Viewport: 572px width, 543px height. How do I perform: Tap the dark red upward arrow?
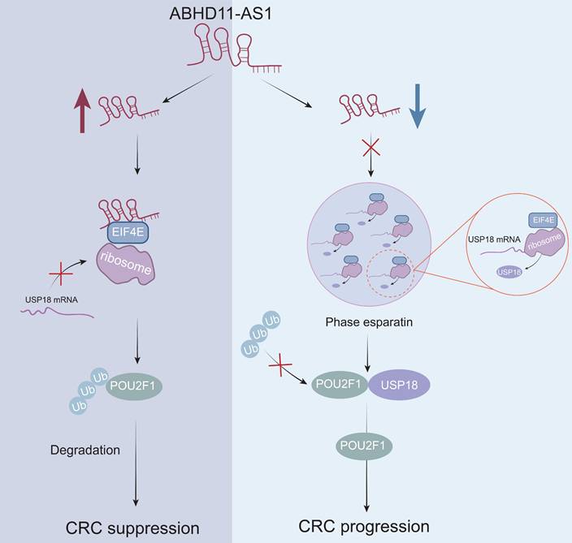tap(81, 110)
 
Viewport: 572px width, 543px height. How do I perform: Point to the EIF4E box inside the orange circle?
tap(542, 218)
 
